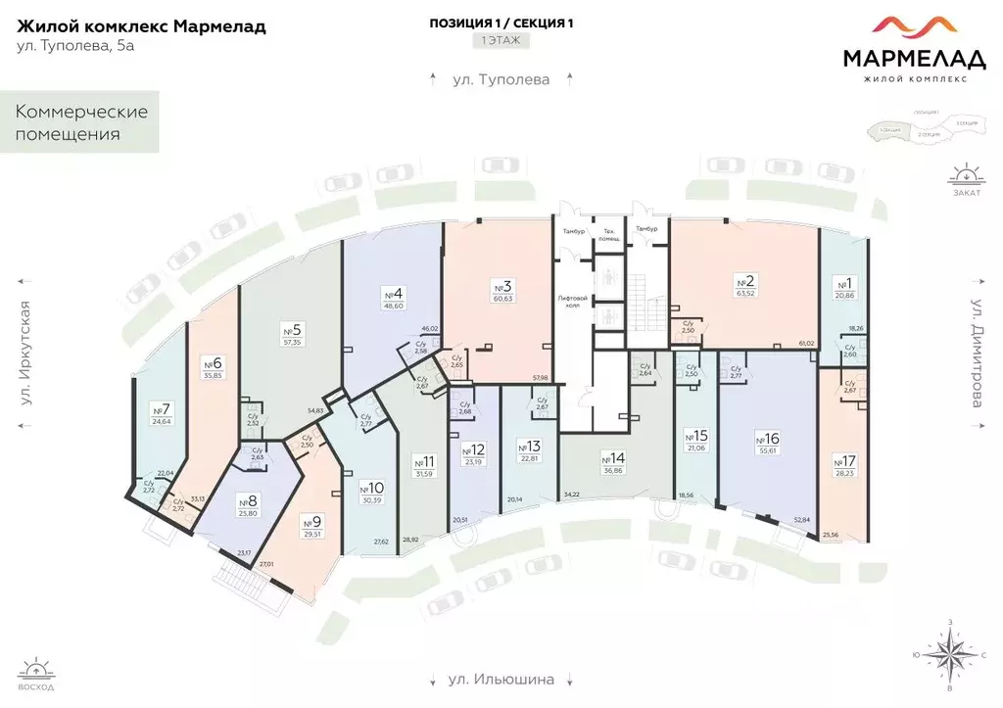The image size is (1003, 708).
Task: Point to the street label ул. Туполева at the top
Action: [501, 78]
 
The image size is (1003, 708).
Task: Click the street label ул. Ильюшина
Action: [501, 679]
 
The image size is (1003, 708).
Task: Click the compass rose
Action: [949, 654]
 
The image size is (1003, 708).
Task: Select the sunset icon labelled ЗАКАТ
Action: [965, 179]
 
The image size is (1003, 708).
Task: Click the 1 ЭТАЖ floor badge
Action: [501, 41]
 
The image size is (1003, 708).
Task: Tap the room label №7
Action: [162, 409]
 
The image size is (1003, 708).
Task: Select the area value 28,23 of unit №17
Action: [842, 471]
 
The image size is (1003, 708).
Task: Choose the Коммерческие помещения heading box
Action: [81, 122]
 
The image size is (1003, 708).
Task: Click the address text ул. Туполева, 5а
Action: [75, 47]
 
